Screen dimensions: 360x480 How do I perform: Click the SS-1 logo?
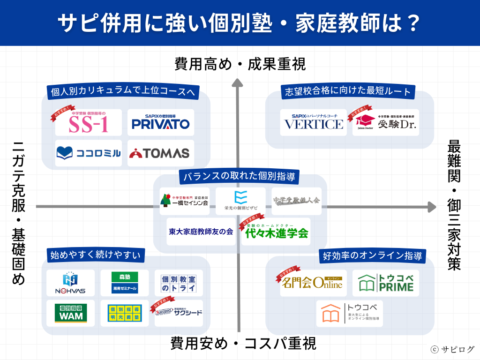tap(88, 123)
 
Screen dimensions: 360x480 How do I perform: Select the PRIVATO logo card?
tap(160, 123)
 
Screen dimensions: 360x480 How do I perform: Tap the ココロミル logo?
tap(88, 153)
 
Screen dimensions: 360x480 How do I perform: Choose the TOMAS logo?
tap(160, 153)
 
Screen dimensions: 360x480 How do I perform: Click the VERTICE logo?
tap(314, 123)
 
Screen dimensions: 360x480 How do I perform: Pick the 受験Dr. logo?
tap(385, 123)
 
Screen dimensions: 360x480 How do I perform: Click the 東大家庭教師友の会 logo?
tap(201, 232)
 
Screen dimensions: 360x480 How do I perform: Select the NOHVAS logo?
tap(70, 283)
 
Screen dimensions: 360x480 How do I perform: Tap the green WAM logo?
tap(70, 313)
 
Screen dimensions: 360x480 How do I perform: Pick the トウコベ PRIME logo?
tap(385, 283)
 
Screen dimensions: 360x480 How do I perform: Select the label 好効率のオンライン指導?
tap(373, 256)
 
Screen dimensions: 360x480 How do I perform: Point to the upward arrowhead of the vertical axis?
tap(238, 83)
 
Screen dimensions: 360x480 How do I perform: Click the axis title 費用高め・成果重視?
tap(240, 64)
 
